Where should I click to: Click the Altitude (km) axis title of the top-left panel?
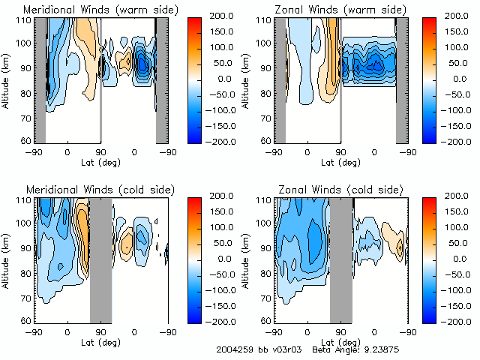7,79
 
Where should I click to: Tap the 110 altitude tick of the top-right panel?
264,20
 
